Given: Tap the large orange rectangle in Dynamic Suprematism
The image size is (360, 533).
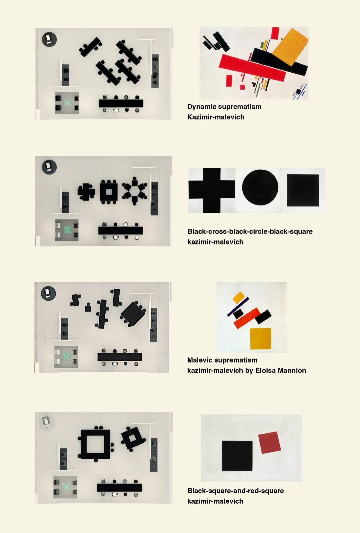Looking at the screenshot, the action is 290,47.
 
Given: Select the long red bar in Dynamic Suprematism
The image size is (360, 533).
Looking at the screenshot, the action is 252,68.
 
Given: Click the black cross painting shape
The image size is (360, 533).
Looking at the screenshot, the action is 211,190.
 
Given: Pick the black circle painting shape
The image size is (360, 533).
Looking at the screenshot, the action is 260,187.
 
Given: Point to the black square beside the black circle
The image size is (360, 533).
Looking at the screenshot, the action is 303,190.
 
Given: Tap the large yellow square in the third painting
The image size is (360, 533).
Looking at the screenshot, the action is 260,339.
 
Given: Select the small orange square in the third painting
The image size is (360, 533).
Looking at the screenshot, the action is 238,297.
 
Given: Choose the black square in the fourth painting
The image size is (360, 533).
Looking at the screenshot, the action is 237,456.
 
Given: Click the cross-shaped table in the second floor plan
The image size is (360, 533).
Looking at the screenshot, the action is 86,192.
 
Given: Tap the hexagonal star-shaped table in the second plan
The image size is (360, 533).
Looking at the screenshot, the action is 135,191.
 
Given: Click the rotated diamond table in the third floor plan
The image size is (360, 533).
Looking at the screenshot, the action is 133,314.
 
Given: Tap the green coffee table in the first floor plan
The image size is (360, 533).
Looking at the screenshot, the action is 68,103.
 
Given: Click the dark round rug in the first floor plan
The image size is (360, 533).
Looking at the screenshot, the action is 49,39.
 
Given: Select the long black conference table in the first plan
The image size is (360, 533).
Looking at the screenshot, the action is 121,103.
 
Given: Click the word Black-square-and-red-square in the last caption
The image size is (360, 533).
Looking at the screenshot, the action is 235,491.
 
